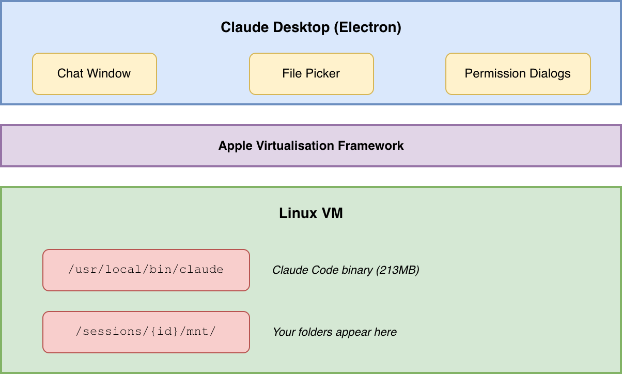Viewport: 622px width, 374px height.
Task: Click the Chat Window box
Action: pos(94,73)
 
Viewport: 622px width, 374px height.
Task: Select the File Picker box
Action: pos(311,73)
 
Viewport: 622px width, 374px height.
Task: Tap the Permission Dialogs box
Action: pos(518,73)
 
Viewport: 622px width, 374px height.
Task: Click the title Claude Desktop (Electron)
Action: pos(311,27)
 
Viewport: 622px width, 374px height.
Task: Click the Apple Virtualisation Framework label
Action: pos(311,146)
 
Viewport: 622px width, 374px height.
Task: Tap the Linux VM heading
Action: pos(311,213)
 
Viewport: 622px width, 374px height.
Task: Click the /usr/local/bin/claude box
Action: pos(146,270)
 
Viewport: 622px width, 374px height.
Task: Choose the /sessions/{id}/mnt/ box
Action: pos(146,332)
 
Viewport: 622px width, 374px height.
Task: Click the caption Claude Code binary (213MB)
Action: pos(346,270)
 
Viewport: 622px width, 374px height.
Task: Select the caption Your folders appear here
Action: pos(335,332)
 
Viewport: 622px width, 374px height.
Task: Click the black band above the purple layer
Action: pos(311,114)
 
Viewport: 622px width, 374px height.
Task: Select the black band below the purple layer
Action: pos(311,176)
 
